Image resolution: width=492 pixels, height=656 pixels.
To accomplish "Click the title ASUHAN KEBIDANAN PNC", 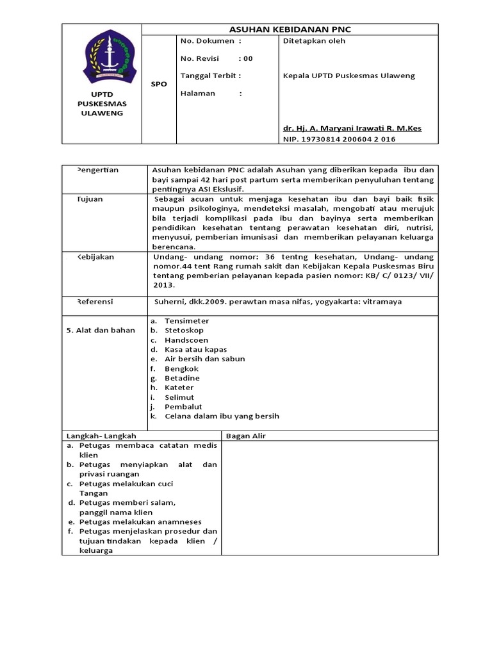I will (290, 29).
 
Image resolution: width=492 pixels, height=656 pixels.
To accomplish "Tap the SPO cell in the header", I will (158, 84).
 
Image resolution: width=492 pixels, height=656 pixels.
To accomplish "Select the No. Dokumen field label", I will (211, 41).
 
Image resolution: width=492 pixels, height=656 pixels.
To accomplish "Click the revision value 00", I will (247, 58).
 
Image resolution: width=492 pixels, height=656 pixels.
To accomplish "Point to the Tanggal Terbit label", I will (211, 76).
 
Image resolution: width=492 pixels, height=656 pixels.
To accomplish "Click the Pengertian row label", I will (97, 170).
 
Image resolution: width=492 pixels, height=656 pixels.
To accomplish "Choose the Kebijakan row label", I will (95, 256).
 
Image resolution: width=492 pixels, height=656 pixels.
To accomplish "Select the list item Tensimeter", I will (186, 321).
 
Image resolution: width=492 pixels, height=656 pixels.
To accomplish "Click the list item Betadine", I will (182, 378).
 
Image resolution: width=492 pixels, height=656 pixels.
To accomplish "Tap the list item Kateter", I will (179, 388).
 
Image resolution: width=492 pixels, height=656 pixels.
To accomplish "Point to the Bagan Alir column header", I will (246, 436).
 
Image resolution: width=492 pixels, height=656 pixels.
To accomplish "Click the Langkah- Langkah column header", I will (101, 436).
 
